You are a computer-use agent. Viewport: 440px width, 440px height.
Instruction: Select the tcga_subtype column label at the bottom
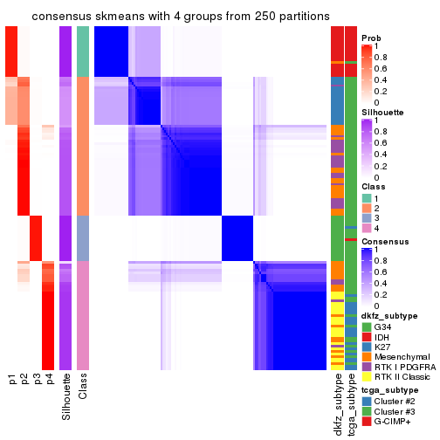350,404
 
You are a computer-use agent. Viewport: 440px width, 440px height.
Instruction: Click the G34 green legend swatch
367,327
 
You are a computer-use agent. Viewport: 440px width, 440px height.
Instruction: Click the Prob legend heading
372,38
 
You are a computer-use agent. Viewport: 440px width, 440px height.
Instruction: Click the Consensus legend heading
384,240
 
